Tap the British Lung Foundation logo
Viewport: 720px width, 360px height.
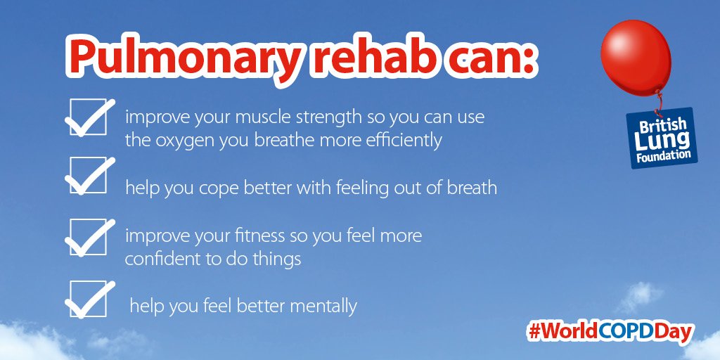pyautogui.click(x=660, y=138)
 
